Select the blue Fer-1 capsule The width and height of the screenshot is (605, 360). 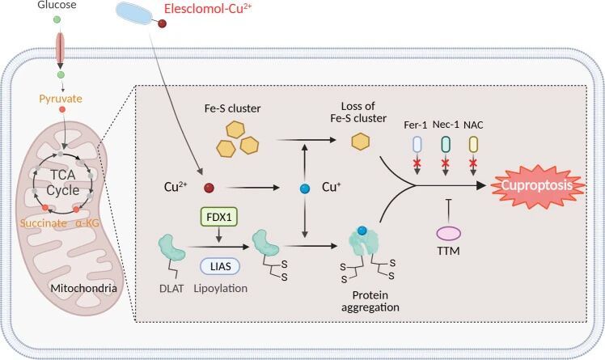(418, 144)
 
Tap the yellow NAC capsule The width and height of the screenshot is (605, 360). (474, 144)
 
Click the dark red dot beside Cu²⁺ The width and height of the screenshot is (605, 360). (208, 188)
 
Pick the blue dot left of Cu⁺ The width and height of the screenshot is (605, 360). (305, 188)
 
